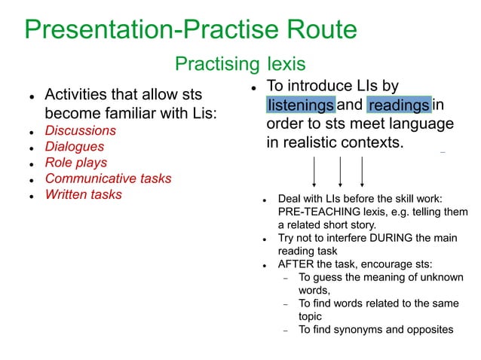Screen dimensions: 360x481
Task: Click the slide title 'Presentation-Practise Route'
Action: pos(190,30)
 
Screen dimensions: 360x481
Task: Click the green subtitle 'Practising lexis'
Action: pos(240,64)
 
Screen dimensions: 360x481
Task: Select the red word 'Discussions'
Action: pos(80,130)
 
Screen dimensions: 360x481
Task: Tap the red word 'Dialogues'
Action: pos(74,147)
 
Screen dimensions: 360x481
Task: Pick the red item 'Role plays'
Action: pos(75,163)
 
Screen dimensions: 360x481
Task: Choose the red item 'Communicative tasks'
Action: pos(108,178)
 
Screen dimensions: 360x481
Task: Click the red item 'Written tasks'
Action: pos(83,195)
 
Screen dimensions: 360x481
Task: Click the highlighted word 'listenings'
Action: pos(300,105)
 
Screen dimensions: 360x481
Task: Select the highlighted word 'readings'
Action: pos(399,105)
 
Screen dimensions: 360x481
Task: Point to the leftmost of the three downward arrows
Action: pos(314,171)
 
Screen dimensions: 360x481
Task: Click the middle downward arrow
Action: pos(341,171)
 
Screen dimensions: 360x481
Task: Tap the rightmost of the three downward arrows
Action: pos(362,171)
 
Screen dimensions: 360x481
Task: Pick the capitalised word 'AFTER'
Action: pos(295,264)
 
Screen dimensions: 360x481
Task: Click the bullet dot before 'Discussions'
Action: pos(30,132)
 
